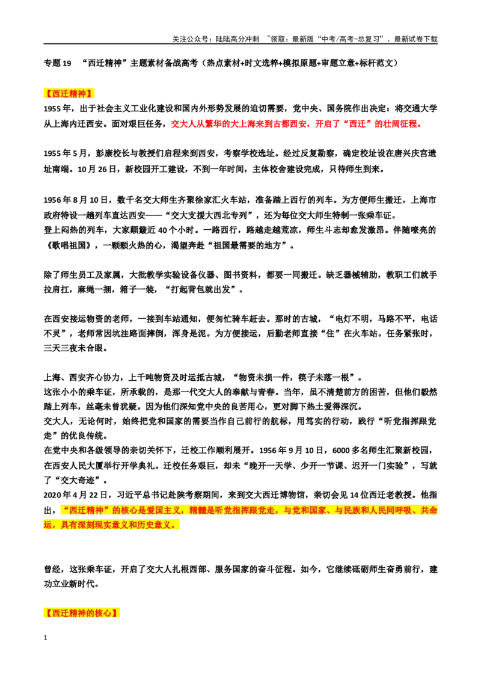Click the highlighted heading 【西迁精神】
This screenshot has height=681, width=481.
[69, 93]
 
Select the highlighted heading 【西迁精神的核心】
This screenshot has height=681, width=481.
[82, 613]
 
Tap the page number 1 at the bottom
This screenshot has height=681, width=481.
[45, 638]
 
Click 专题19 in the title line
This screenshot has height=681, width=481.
[57, 63]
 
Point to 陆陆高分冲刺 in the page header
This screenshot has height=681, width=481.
[237, 39]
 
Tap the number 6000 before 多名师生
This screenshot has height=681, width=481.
[342, 451]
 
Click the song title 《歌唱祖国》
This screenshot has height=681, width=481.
[69, 245]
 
